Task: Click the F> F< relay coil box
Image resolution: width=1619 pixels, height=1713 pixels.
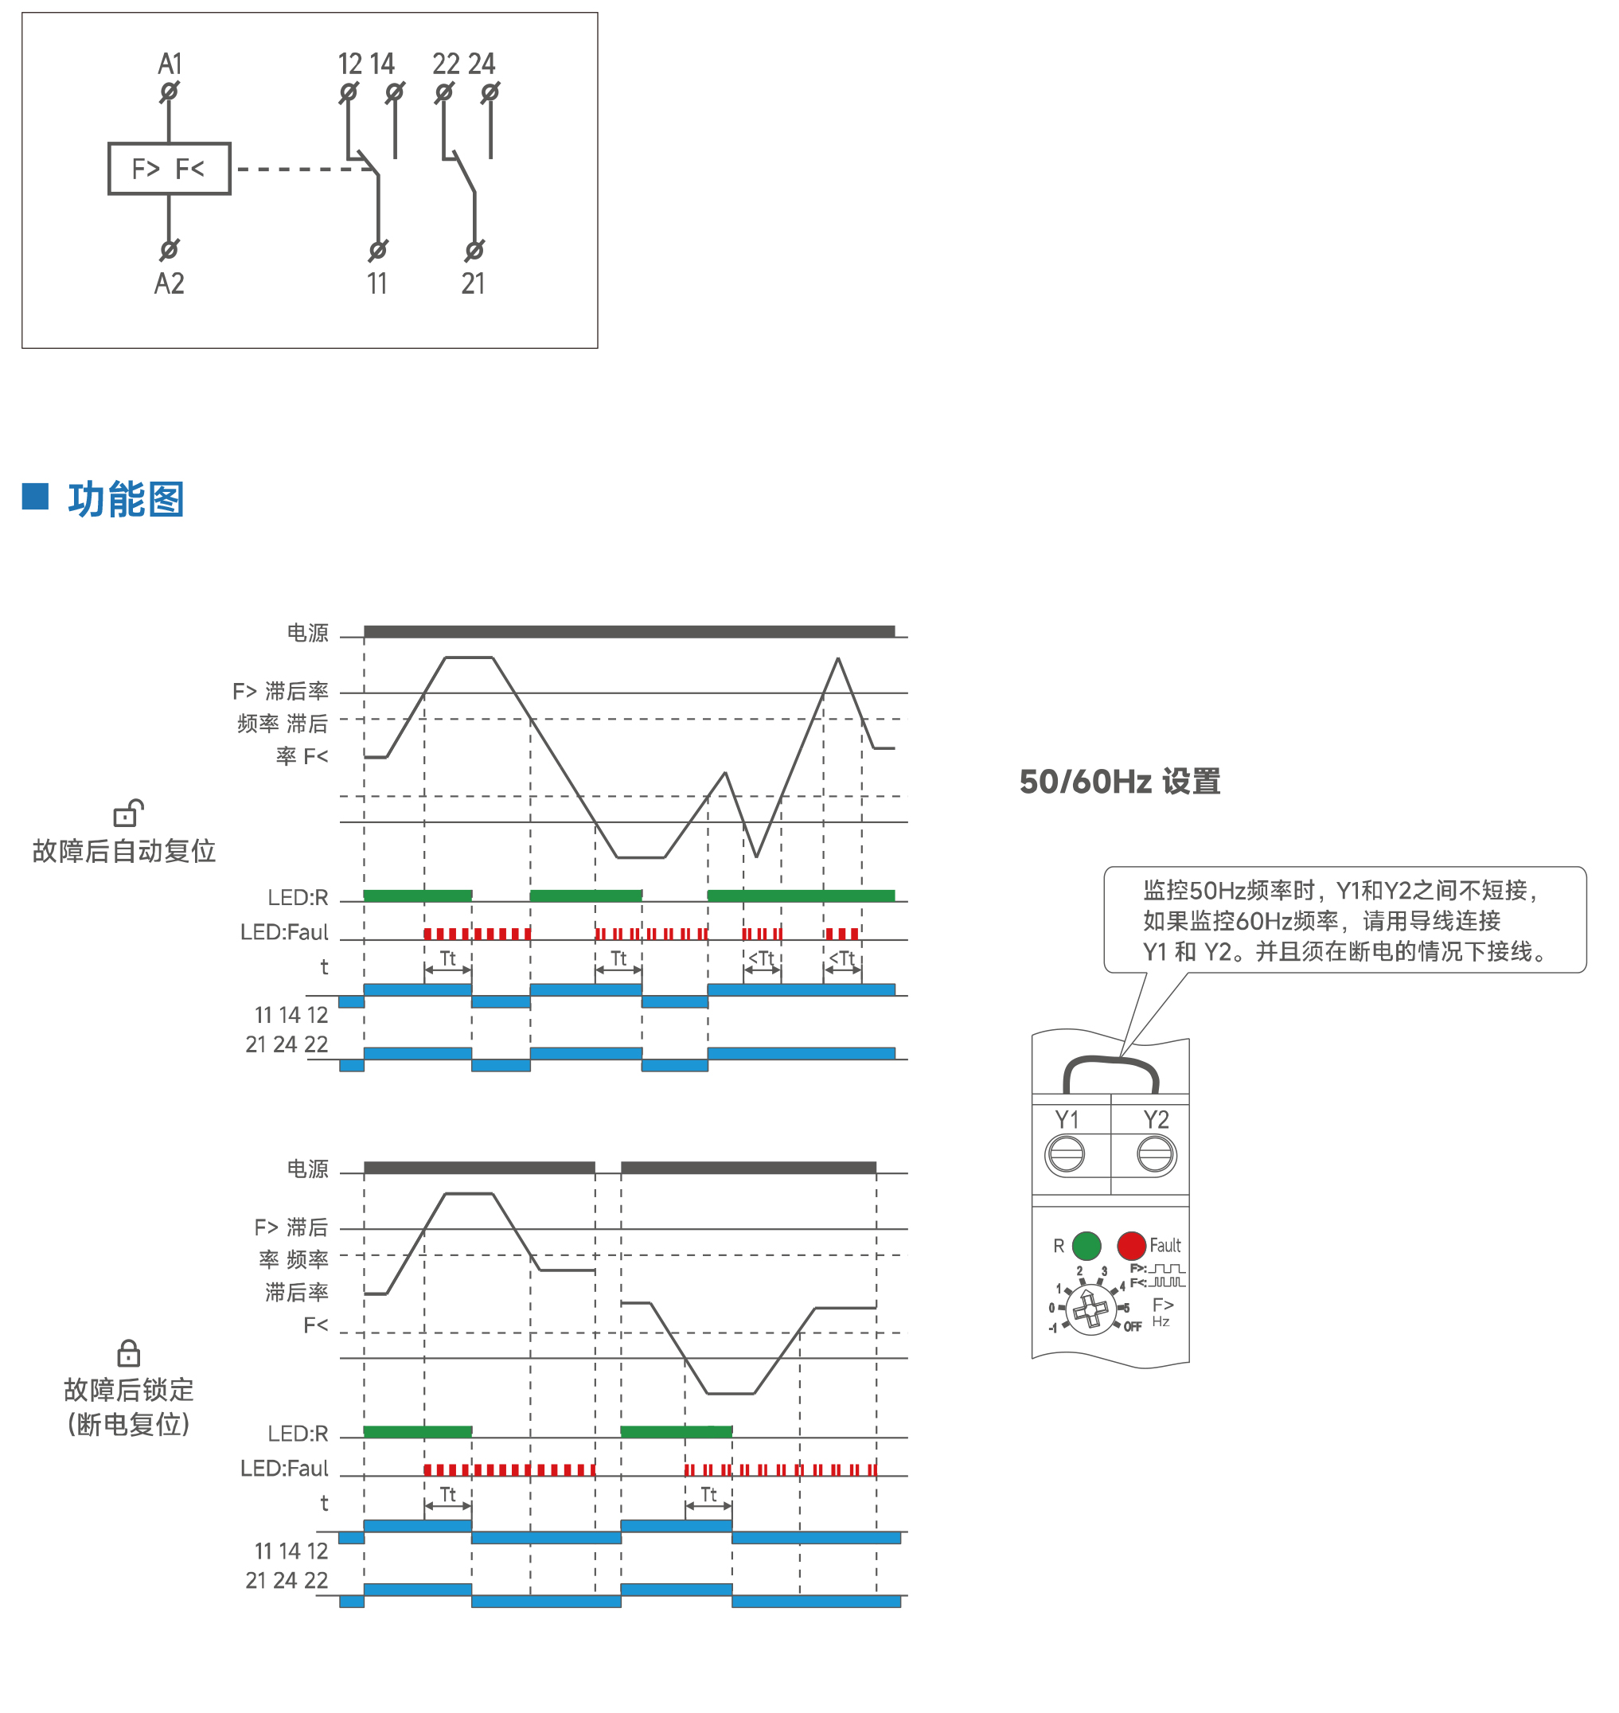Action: point(170,168)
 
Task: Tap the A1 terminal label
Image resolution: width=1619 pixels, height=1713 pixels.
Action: point(170,64)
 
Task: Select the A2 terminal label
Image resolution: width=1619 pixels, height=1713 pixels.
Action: point(170,283)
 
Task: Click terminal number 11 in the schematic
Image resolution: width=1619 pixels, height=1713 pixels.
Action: point(377,283)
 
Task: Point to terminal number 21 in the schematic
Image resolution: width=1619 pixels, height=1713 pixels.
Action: point(473,283)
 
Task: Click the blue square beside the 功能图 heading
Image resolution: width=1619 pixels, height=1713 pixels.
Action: point(35,496)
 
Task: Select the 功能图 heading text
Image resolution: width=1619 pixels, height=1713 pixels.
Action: point(126,500)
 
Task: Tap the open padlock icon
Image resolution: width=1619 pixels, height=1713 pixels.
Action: point(127,813)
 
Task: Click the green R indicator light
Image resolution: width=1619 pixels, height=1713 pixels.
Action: point(1086,1245)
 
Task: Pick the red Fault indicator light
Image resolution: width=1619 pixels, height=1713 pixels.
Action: point(1131,1245)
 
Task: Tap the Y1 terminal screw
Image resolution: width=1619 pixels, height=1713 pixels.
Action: point(1066,1153)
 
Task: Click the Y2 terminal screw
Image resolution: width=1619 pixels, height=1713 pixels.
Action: point(1156,1153)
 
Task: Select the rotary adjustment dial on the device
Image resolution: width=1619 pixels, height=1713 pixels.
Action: point(1090,1309)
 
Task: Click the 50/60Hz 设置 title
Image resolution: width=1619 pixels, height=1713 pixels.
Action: point(1119,782)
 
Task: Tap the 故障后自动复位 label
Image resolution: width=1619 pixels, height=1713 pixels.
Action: point(124,851)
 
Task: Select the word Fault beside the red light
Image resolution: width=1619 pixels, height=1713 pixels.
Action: point(1165,1245)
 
